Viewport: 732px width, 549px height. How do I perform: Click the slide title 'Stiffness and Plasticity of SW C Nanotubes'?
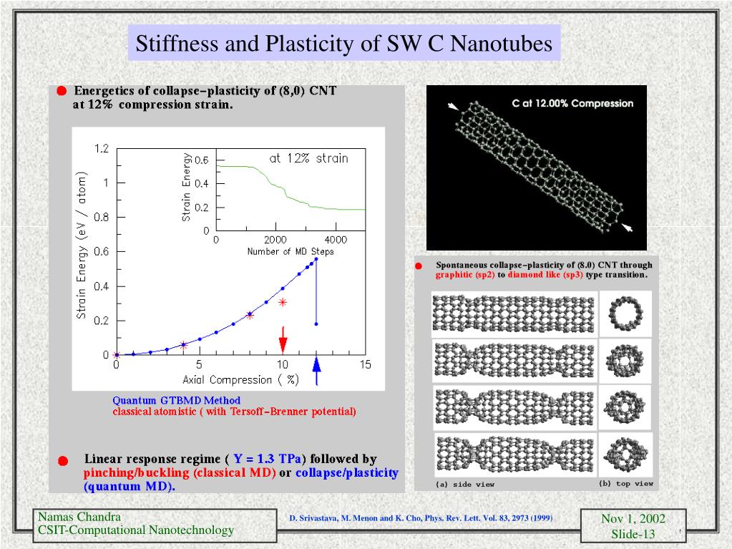[344, 44]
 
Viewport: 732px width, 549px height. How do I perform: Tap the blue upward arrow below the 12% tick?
[317, 374]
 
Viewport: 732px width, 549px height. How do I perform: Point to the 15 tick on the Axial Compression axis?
[365, 365]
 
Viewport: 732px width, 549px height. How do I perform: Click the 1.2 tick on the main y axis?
[101, 149]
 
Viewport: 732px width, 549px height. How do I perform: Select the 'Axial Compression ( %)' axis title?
[240, 379]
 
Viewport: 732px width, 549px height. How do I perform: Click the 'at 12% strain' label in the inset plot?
[308, 158]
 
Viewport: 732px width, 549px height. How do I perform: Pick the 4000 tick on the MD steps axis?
[336, 240]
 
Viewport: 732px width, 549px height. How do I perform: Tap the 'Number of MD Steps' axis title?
[291, 251]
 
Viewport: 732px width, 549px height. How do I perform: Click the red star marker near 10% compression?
[283, 302]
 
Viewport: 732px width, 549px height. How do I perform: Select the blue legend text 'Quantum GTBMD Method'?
[176, 400]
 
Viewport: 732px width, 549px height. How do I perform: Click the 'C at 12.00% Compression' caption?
[572, 103]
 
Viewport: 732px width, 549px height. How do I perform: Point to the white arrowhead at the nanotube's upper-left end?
[452, 107]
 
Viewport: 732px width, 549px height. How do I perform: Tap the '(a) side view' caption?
[465, 485]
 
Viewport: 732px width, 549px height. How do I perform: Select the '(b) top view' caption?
[625, 483]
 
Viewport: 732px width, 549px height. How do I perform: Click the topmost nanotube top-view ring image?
[620, 312]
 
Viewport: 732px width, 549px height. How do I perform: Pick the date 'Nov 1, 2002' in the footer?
[633, 519]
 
